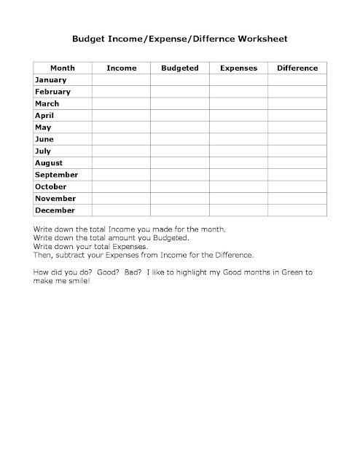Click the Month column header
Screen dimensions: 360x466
[x=62, y=68]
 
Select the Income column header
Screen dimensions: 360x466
[x=121, y=68]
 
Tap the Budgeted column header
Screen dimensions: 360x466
[x=179, y=68]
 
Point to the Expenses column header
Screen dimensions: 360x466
[x=238, y=68]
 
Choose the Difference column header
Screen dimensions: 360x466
[x=297, y=68]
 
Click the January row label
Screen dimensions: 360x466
[x=50, y=79]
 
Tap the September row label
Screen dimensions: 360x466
[x=56, y=175]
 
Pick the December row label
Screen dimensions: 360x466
[x=55, y=210]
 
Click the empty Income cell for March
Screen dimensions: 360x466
[x=121, y=103]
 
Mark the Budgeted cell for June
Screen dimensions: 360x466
[x=179, y=139]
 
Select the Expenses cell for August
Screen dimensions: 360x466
[x=238, y=163]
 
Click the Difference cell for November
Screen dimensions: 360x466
[x=297, y=199]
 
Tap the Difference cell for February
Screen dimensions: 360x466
[x=297, y=92]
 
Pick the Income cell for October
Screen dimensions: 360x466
[x=121, y=186]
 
